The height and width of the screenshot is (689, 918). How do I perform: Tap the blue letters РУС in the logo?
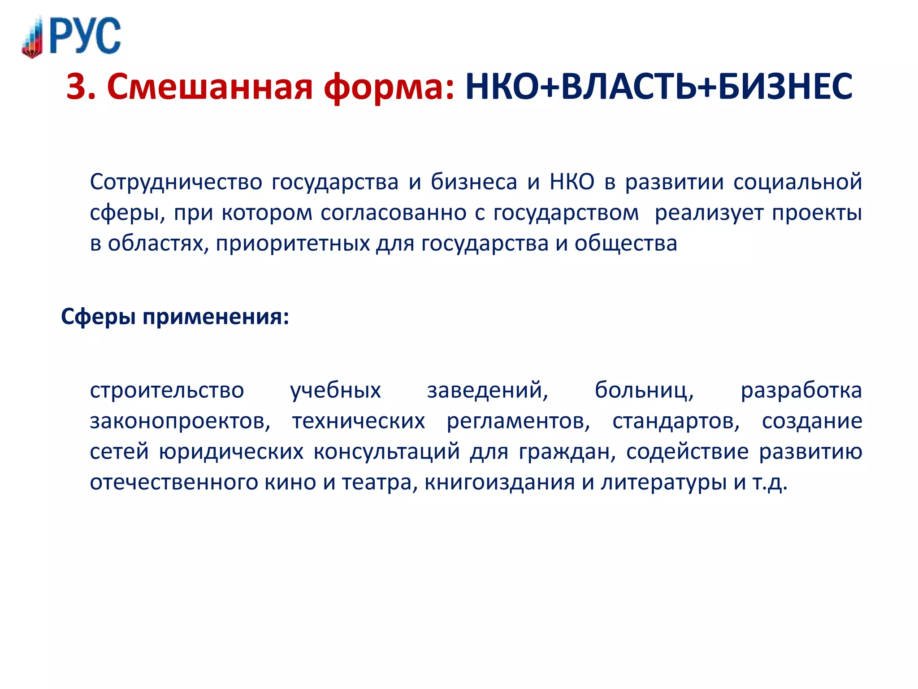click(85, 36)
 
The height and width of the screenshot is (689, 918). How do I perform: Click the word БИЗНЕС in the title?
click(784, 87)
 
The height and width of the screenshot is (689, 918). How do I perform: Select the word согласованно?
click(393, 213)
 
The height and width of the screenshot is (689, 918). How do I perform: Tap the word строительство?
click(167, 390)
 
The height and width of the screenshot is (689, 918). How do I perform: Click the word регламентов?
click(518, 421)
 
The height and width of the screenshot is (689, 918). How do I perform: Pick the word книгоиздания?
click(499, 483)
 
